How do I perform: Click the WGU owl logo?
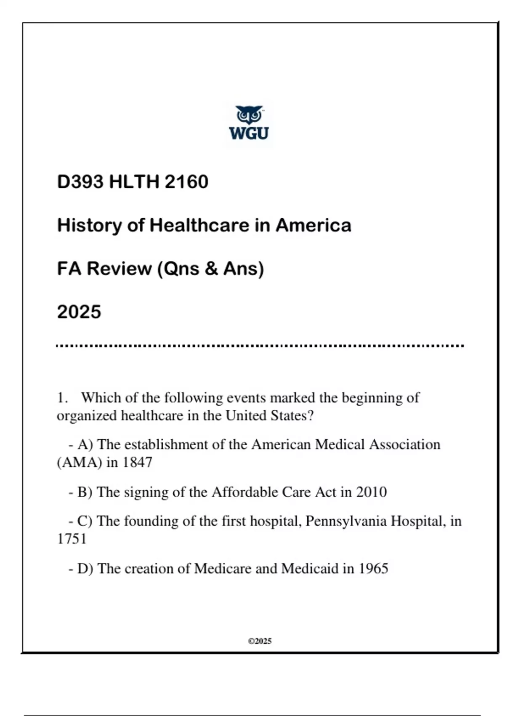coord(249,123)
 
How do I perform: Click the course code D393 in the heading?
coord(80,182)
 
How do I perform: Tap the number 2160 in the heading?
coord(186,182)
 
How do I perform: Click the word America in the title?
coord(313,225)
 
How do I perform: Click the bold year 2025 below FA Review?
coord(79,312)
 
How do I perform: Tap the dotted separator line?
coord(260,346)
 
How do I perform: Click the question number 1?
coord(62,398)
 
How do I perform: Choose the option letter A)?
coord(85,445)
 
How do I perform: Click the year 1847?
coord(137,462)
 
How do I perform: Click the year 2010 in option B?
coord(371,492)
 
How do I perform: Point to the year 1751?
coord(72,539)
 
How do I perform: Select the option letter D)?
coord(85,569)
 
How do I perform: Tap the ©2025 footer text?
coord(260,641)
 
